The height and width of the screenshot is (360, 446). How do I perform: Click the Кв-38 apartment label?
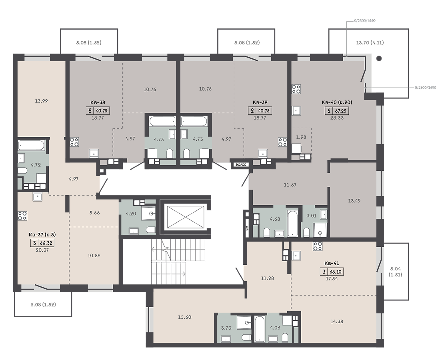(98, 102)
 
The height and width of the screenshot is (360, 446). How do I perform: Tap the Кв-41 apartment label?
(332, 264)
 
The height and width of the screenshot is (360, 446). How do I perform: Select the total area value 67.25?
(340, 111)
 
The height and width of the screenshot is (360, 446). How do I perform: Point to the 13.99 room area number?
(42, 101)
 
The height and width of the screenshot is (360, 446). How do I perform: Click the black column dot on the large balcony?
(379, 59)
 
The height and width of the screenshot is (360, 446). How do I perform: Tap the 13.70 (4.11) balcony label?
(370, 43)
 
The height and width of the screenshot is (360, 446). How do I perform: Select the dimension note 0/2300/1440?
(365, 21)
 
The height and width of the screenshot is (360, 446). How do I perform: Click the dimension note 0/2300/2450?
(425, 88)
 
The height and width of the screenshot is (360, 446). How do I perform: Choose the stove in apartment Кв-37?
(22, 216)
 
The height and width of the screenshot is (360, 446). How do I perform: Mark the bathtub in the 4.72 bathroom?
(31, 146)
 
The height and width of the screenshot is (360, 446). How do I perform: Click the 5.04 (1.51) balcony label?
(396, 272)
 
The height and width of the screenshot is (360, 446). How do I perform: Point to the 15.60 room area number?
(185, 317)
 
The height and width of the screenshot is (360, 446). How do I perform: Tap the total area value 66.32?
(47, 244)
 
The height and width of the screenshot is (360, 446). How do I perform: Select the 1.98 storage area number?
(301, 137)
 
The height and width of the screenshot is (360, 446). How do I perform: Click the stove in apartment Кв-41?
(318, 246)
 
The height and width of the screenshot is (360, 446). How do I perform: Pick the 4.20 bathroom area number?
(131, 214)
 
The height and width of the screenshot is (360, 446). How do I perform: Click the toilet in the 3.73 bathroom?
(246, 337)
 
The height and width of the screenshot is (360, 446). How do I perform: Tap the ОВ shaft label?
(247, 227)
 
